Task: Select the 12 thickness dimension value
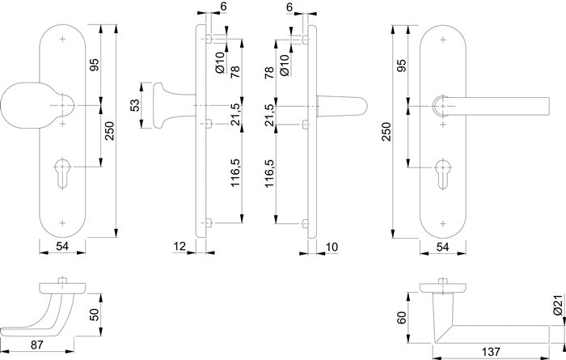[x=179, y=245]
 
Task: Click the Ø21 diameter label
[x=557, y=306]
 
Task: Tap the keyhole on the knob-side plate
[x=63, y=174]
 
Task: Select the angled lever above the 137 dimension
[x=485, y=327]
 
